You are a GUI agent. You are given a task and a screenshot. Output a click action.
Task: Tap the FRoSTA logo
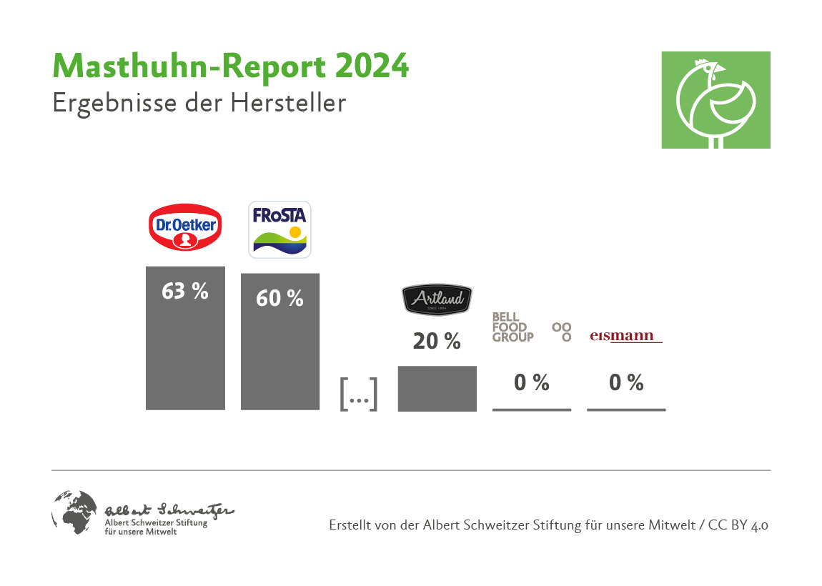tap(279, 229)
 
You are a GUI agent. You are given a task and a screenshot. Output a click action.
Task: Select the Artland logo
tap(437, 299)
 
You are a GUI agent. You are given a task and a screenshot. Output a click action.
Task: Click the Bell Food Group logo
tap(532, 327)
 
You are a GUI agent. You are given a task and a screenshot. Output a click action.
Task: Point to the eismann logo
tap(626, 336)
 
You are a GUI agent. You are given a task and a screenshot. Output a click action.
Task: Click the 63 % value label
tap(185, 291)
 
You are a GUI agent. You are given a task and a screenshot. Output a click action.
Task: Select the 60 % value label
tap(279, 298)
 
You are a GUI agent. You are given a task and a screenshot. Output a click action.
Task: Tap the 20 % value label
tap(437, 342)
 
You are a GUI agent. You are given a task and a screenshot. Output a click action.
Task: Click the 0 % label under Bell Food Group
tap(532, 383)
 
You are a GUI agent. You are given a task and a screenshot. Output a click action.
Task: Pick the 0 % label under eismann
tap(626, 383)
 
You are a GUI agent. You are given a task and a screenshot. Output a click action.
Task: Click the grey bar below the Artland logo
tap(437, 388)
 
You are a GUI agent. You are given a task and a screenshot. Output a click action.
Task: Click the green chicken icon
tap(715, 100)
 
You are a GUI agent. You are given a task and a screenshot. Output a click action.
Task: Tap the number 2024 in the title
tap(372, 66)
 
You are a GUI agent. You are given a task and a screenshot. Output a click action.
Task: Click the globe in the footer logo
tap(74, 512)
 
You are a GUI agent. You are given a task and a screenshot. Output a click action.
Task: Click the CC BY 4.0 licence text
tap(738, 525)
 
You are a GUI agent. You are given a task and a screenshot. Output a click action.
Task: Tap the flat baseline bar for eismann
tap(626, 409)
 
